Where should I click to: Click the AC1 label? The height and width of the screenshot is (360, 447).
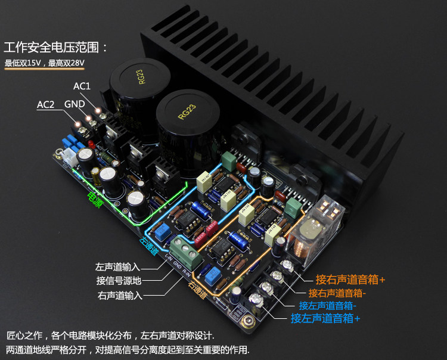pos(82,86)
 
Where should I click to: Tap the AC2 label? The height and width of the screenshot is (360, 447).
pos(46,105)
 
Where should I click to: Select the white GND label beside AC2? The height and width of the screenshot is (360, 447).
pos(74,104)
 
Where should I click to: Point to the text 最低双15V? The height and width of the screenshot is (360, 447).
pos(24,63)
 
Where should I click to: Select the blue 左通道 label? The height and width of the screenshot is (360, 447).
pos(148,246)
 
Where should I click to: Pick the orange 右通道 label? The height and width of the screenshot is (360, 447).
pos(198,290)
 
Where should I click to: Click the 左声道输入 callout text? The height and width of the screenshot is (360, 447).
pos(119,266)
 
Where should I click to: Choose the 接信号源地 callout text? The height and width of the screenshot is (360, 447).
pos(119,281)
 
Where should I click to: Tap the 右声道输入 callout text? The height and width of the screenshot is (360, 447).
pos(119,295)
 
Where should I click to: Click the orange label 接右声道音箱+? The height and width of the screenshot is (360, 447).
pos(351,279)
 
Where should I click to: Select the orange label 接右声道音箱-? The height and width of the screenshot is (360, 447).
pos(337,293)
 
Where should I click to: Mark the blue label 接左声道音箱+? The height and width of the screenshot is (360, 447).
pos(325,319)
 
